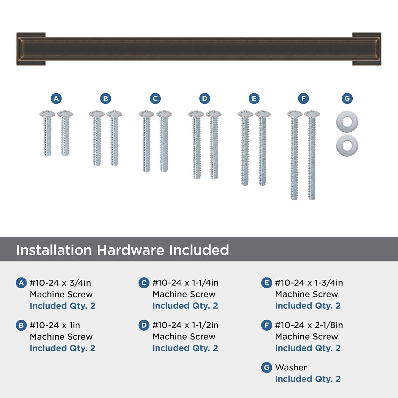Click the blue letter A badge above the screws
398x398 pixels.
[56, 98]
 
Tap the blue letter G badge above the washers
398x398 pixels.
[347, 98]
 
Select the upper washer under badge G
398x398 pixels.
[347, 122]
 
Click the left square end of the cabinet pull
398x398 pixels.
[31, 49]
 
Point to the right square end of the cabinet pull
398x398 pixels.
[367, 49]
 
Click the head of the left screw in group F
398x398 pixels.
[295, 114]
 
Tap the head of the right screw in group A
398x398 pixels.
[65, 114]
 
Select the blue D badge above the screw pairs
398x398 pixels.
[205, 98]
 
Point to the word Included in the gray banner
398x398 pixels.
[199, 250]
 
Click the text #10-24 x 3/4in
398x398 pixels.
[60, 283]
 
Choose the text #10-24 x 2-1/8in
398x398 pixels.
[309, 325]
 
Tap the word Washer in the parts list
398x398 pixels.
[291, 367]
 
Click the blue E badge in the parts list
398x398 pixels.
[266, 283]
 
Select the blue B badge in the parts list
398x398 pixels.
[21, 325]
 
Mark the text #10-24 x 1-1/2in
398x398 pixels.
[185, 325]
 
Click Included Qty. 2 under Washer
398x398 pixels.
[308, 379]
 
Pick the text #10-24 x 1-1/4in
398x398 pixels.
[185, 283]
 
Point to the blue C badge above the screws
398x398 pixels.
[155, 98]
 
